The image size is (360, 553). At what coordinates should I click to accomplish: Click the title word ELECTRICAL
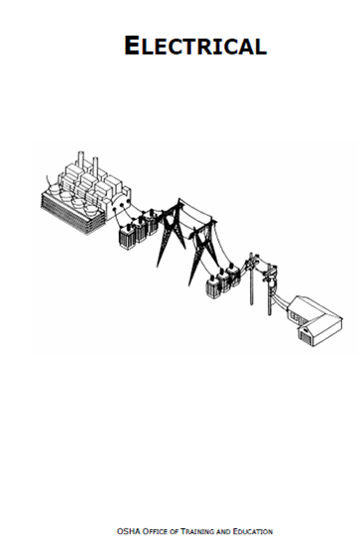(x=195, y=45)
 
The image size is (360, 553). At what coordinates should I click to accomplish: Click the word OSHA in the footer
(x=126, y=531)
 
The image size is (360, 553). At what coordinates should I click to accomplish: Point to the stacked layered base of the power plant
(x=69, y=208)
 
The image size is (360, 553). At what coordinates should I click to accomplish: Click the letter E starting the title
(x=134, y=45)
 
